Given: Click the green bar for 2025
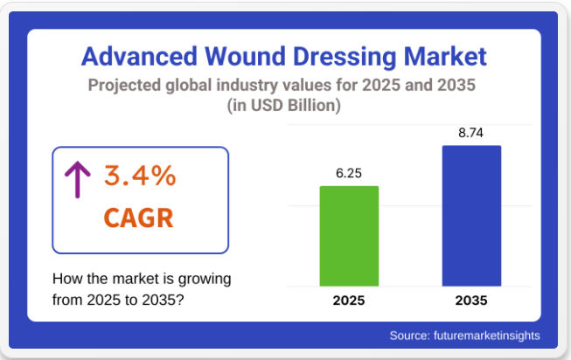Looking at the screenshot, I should pyautogui.click(x=349, y=236).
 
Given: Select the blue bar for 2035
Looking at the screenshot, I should pyautogui.click(x=471, y=216).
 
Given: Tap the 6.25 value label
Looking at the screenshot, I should pyautogui.click(x=349, y=173).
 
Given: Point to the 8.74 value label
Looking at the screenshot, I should pyautogui.click(x=471, y=132).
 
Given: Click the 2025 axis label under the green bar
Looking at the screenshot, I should pyautogui.click(x=349, y=301).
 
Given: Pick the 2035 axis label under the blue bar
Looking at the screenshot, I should pyautogui.click(x=471, y=301).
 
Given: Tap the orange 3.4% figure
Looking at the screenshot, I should pyautogui.click(x=140, y=177).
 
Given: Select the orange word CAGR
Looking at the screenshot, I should pyautogui.click(x=138, y=217).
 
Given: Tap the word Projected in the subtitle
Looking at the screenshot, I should pyautogui.click(x=125, y=87).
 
